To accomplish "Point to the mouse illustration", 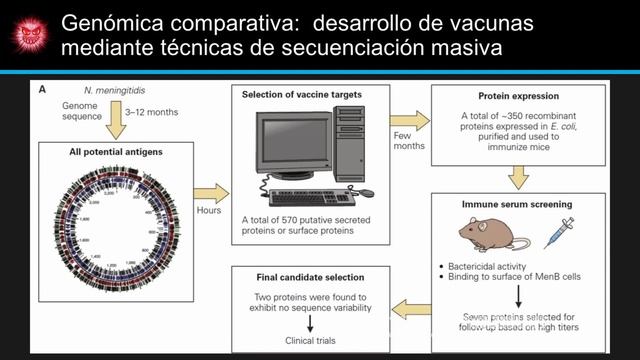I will click(493, 234).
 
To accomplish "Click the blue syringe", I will click(557, 232).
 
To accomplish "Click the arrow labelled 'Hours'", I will click(210, 193).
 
